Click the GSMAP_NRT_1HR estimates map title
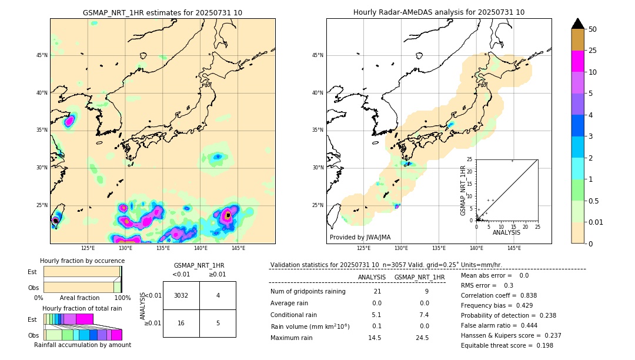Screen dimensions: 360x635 (162, 12)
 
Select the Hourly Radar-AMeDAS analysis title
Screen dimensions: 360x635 (439, 12)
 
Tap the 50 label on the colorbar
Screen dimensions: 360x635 (593, 29)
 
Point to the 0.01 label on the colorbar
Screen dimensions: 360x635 (595, 222)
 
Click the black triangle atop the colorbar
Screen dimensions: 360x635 (578, 24)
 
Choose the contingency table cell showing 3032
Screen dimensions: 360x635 (181, 295)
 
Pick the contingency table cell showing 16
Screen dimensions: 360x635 (181, 323)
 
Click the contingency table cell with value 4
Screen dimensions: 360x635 (218, 295)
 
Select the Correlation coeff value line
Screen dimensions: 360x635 (499, 295)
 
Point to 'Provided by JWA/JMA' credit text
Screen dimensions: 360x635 (360, 237)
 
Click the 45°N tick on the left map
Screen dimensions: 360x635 (42, 55)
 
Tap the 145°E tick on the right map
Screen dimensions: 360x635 (514, 248)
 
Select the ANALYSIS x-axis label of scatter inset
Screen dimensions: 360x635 (506, 232)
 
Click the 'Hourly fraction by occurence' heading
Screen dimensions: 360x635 (82, 261)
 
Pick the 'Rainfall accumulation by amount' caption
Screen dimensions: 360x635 (82, 345)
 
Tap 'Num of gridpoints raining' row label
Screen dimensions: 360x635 (308, 291)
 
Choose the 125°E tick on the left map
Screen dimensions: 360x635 (88, 248)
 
